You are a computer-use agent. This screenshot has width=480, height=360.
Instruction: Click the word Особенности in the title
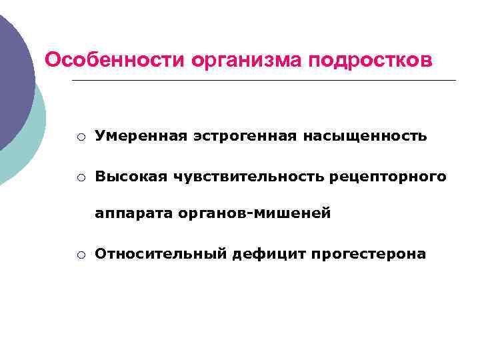(x=114, y=60)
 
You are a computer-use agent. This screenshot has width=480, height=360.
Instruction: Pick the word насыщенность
(x=365, y=136)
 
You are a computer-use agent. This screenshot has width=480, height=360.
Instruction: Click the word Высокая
(x=131, y=177)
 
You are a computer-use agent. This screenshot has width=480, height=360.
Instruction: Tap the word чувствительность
(x=249, y=177)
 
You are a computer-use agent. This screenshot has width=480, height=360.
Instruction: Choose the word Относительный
(x=161, y=254)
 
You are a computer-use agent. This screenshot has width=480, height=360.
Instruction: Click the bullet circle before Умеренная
(x=80, y=137)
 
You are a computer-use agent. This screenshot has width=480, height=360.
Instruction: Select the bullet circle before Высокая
(x=80, y=177)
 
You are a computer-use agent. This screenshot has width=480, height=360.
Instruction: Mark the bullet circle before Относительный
(x=80, y=255)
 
